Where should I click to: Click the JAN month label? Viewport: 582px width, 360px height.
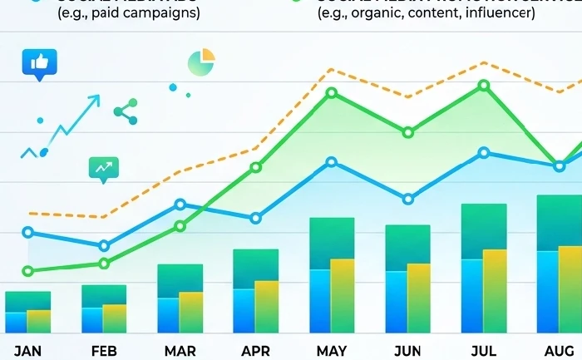point(27,349)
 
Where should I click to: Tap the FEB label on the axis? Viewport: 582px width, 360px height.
point(104,349)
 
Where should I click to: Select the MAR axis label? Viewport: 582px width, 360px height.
point(180,349)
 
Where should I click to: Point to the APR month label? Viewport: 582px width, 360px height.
point(255,349)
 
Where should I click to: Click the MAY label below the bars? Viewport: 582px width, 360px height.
point(332,349)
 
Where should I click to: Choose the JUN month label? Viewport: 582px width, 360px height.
point(407,349)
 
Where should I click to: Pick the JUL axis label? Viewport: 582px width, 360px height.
point(483,349)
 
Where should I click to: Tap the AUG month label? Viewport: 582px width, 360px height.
point(558,349)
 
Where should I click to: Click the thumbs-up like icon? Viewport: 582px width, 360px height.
point(40,63)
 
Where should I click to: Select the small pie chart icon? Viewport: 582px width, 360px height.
point(201,62)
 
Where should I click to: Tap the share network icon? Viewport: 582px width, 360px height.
point(126,111)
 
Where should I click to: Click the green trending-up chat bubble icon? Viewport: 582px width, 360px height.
point(104,169)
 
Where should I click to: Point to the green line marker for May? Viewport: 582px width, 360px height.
point(332,92)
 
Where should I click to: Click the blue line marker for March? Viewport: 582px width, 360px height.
point(180,205)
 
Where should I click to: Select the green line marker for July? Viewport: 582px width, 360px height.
point(483,86)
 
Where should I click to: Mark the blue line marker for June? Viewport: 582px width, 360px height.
point(407,199)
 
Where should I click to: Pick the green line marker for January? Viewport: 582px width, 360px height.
point(27,271)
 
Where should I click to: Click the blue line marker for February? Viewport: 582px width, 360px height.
point(104,245)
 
